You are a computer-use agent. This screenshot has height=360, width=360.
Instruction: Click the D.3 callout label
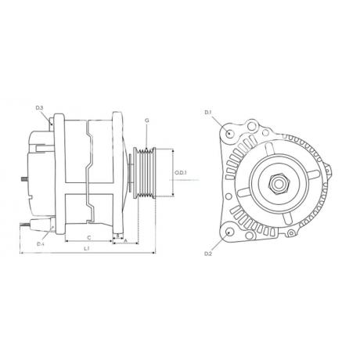coord(40,107)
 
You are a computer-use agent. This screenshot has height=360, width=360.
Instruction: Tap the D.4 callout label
coord(40,244)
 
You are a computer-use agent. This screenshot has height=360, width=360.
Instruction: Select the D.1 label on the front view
coord(208,113)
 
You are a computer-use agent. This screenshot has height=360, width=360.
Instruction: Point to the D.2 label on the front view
coord(208,254)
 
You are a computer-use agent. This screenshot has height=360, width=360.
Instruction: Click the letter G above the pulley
coord(146,121)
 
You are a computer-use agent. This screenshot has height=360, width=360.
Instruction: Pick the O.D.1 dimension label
coord(180,171)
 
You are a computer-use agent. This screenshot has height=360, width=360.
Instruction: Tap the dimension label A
coord(126,241)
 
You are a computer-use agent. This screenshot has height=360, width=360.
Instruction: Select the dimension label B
coord(117,234)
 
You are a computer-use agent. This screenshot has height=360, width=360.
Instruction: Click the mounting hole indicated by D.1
coord(229,133)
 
